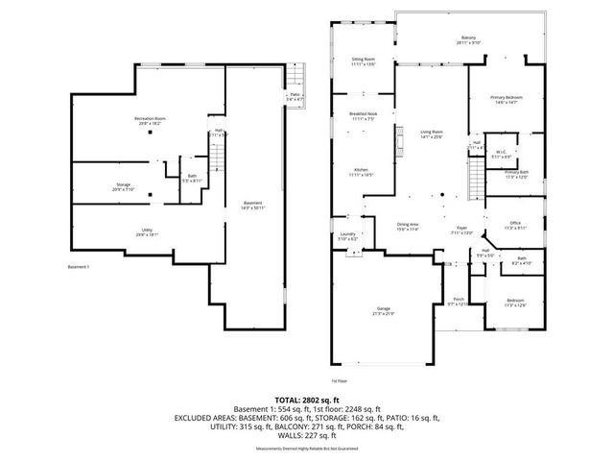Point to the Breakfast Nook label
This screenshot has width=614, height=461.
point(362,115)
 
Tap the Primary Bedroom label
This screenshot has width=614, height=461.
point(505,99)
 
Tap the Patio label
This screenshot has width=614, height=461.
point(296,96)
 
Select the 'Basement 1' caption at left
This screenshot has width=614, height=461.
point(80,266)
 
